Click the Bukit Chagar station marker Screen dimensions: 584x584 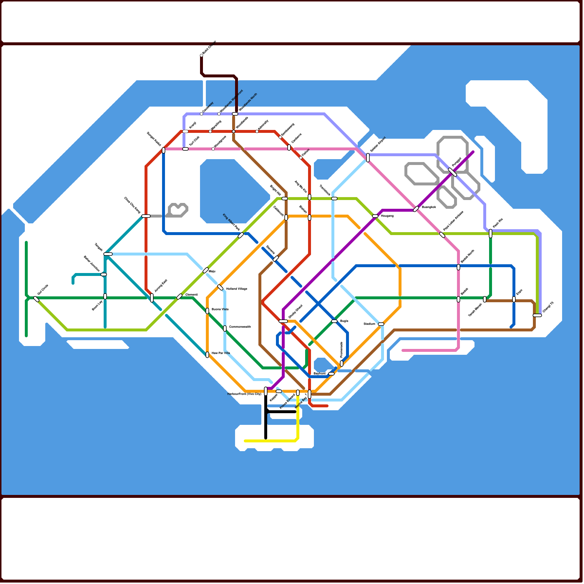pyautogui.click(x=201, y=55)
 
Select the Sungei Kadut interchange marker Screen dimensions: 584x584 pyautogui.click(x=164, y=150)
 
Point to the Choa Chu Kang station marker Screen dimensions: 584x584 pyautogui.click(x=146, y=216)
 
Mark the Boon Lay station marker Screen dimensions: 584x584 pyautogui.click(x=105, y=296)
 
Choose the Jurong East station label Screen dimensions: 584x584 pyautogui.click(x=161, y=285)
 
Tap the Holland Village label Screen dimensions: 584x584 pyautogui.click(x=237, y=289)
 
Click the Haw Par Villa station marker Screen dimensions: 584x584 pyautogui.click(x=207, y=355)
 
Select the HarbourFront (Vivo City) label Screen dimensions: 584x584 pyautogui.click(x=244, y=394)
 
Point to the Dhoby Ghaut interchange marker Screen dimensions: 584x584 pyautogui.click(x=283, y=321)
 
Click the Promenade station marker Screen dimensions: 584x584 pyautogui.click(x=342, y=364)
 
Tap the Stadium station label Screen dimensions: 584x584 pyautogui.click(x=369, y=324)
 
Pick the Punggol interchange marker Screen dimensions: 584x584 pyautogui.click(x=453, y=172)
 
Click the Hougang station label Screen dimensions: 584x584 pyautogui.click(x=387, y=216)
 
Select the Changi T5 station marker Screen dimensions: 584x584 pyautogui.click(x=537, y=315)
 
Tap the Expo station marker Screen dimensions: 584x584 pyautogui.click(x=514, y=299)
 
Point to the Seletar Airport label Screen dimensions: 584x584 pyautogui.click(x=378, y=145)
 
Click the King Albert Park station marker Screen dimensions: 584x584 pyautogui.click(x=241, y=235)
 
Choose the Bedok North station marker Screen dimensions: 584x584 pyautogui.click(x=458, y=267)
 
